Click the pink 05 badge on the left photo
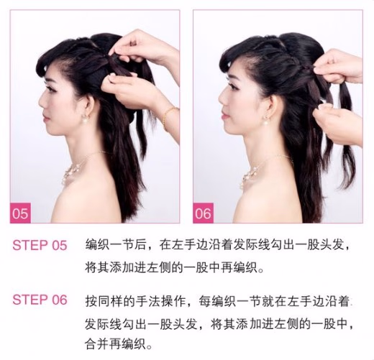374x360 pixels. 20,213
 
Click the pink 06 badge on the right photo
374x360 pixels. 203,213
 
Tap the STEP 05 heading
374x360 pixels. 40,245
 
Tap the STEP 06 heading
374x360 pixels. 40,300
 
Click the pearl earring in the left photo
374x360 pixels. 85,119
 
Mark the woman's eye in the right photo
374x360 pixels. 235,88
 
